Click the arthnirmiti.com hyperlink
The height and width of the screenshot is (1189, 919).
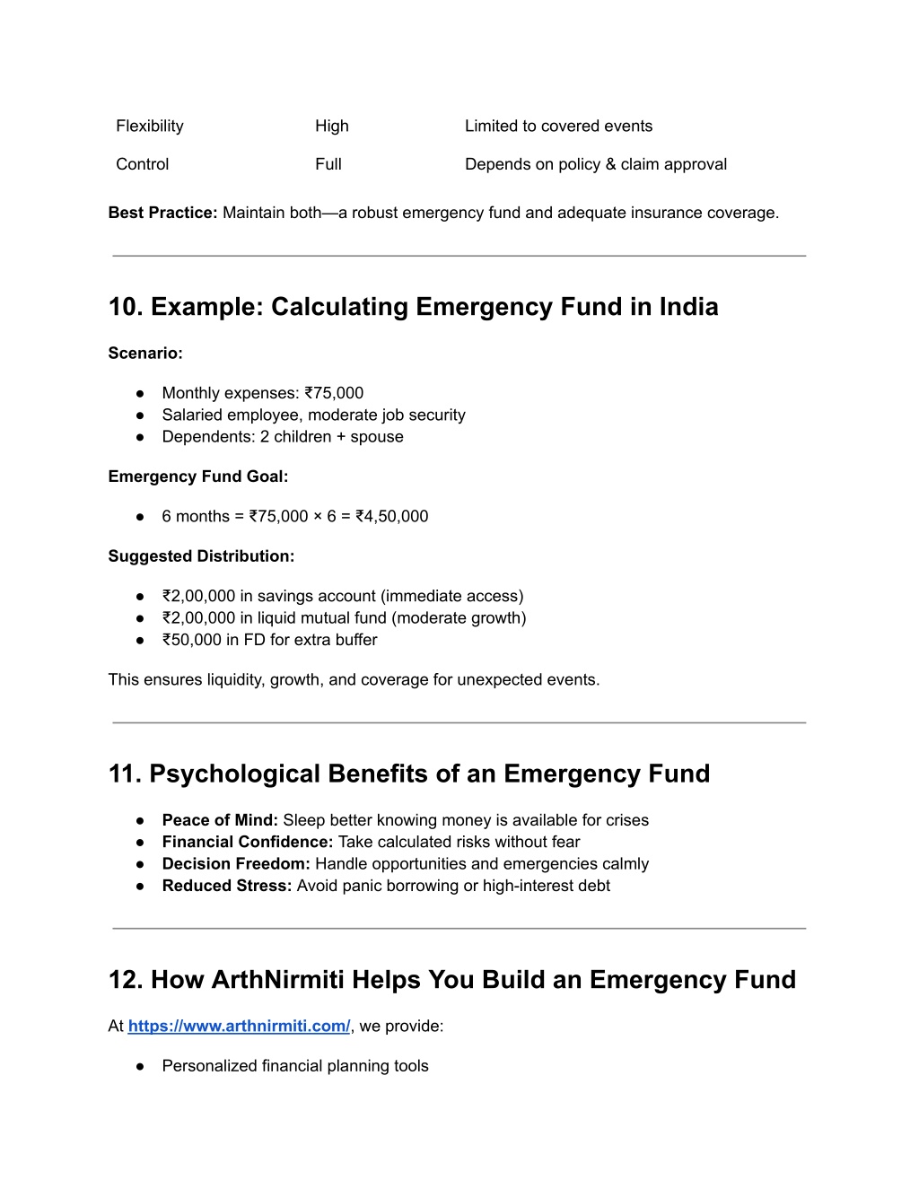[x=239, y=1026]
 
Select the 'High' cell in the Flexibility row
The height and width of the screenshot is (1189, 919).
[x=331, y=126]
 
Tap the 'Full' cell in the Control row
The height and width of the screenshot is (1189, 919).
[x=328, y=164]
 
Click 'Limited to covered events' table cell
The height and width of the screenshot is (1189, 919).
[x=558, y=126]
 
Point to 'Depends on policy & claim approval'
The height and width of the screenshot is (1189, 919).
[x=595, y=164]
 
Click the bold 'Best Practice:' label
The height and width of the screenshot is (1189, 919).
[x=162, y=213]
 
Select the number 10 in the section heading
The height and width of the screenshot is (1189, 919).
[x=122, y=307]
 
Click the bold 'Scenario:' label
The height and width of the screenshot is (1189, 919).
[x=145, y=353]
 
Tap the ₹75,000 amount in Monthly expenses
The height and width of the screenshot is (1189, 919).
[x=334, y=393]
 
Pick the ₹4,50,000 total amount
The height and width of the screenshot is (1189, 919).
[x=391, y=516]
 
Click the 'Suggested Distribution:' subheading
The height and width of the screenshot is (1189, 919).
[x=201, y=556]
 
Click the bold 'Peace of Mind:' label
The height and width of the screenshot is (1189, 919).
[x=220, y=820]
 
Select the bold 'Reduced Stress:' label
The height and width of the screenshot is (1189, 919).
[x=227, y=886]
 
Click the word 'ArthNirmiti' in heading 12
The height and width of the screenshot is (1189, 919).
[x=277, y=979]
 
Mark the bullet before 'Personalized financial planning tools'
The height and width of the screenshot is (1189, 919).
[x=141, y=1066]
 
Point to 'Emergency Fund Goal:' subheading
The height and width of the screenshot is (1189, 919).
[x=198, y=476]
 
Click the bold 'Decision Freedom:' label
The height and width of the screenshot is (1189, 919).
[x=236, y=864]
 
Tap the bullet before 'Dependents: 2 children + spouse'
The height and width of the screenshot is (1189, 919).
[x=141, y=437]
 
